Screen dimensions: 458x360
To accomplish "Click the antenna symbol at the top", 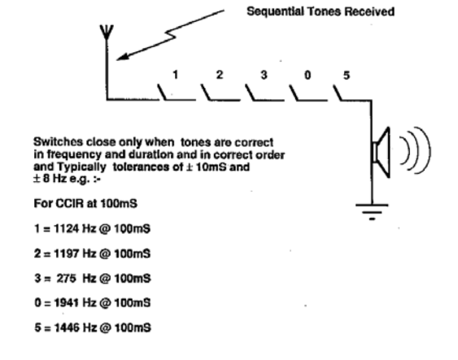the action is coord(107,33).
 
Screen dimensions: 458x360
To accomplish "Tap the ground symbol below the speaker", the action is coord(372,211).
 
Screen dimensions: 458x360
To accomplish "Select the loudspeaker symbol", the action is coord(381,152).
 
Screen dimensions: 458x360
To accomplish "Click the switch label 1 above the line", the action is coord(175,75).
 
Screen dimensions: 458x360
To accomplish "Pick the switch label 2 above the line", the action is coord(220,75).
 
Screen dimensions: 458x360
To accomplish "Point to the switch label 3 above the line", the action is coord(264,75).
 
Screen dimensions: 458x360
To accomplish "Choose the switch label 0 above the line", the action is coord(308,76).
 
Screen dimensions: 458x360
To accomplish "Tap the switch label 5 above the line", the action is coord(347,76).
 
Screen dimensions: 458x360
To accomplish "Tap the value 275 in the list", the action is coord(67,278).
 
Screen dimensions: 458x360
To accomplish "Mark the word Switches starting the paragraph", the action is coord(58,141).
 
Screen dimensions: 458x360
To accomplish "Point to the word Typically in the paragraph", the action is coord(81,167).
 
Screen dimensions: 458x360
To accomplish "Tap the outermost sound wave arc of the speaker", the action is coord(430,150).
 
